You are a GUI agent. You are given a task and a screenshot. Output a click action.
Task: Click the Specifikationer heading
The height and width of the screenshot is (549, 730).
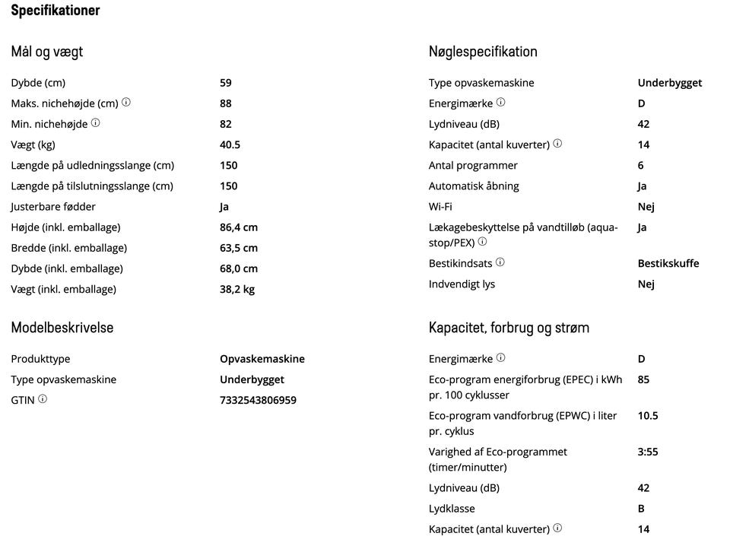click(x=55, y=11)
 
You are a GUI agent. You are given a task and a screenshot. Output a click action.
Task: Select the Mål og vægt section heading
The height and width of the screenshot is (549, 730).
click(x=46, y=52)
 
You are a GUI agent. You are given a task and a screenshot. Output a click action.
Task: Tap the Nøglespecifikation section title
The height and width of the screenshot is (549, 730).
click(x=483, y=52)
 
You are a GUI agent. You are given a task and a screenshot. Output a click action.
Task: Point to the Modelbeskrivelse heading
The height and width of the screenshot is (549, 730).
click(x=62, y=328)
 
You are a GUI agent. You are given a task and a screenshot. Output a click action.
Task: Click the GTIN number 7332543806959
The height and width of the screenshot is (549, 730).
click(x=258, y=400)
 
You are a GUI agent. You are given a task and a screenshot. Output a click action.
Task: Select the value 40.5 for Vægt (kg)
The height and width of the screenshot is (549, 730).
click(x=230, y=144)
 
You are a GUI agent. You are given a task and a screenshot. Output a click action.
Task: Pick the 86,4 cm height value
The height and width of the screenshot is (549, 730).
click(x=239, y=227)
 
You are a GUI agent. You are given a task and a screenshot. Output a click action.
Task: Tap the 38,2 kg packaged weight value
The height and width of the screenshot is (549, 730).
click(x=237, y=289)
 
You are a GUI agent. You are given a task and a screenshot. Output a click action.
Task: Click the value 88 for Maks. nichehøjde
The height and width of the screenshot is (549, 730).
click(x=226, y=103)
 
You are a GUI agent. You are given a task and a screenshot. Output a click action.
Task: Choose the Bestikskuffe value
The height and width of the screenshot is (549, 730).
click(x=668, y=263)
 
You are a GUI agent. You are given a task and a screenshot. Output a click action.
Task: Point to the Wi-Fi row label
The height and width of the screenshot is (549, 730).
click(x=440, y=206)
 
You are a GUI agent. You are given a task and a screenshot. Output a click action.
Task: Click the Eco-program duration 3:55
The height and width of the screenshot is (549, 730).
click(x=648, y=452)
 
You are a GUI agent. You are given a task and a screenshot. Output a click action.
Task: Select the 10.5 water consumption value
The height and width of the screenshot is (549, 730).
click(x=648, y=416)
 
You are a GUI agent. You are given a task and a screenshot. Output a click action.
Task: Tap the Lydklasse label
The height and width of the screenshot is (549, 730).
click(x=452, y=509)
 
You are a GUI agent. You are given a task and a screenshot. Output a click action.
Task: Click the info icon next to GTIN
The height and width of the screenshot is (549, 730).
click(x=43, y=399)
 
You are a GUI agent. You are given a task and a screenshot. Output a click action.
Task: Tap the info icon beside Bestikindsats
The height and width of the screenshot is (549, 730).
click(x=500, y=262)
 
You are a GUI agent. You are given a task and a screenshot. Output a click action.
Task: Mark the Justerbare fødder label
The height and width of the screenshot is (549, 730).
click(x=53, y=206)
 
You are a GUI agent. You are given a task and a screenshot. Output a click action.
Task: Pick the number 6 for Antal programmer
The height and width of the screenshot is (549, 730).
click(x=641, y=165)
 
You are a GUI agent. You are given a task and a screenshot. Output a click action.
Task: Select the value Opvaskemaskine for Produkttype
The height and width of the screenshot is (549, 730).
click(x=262, y=359)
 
